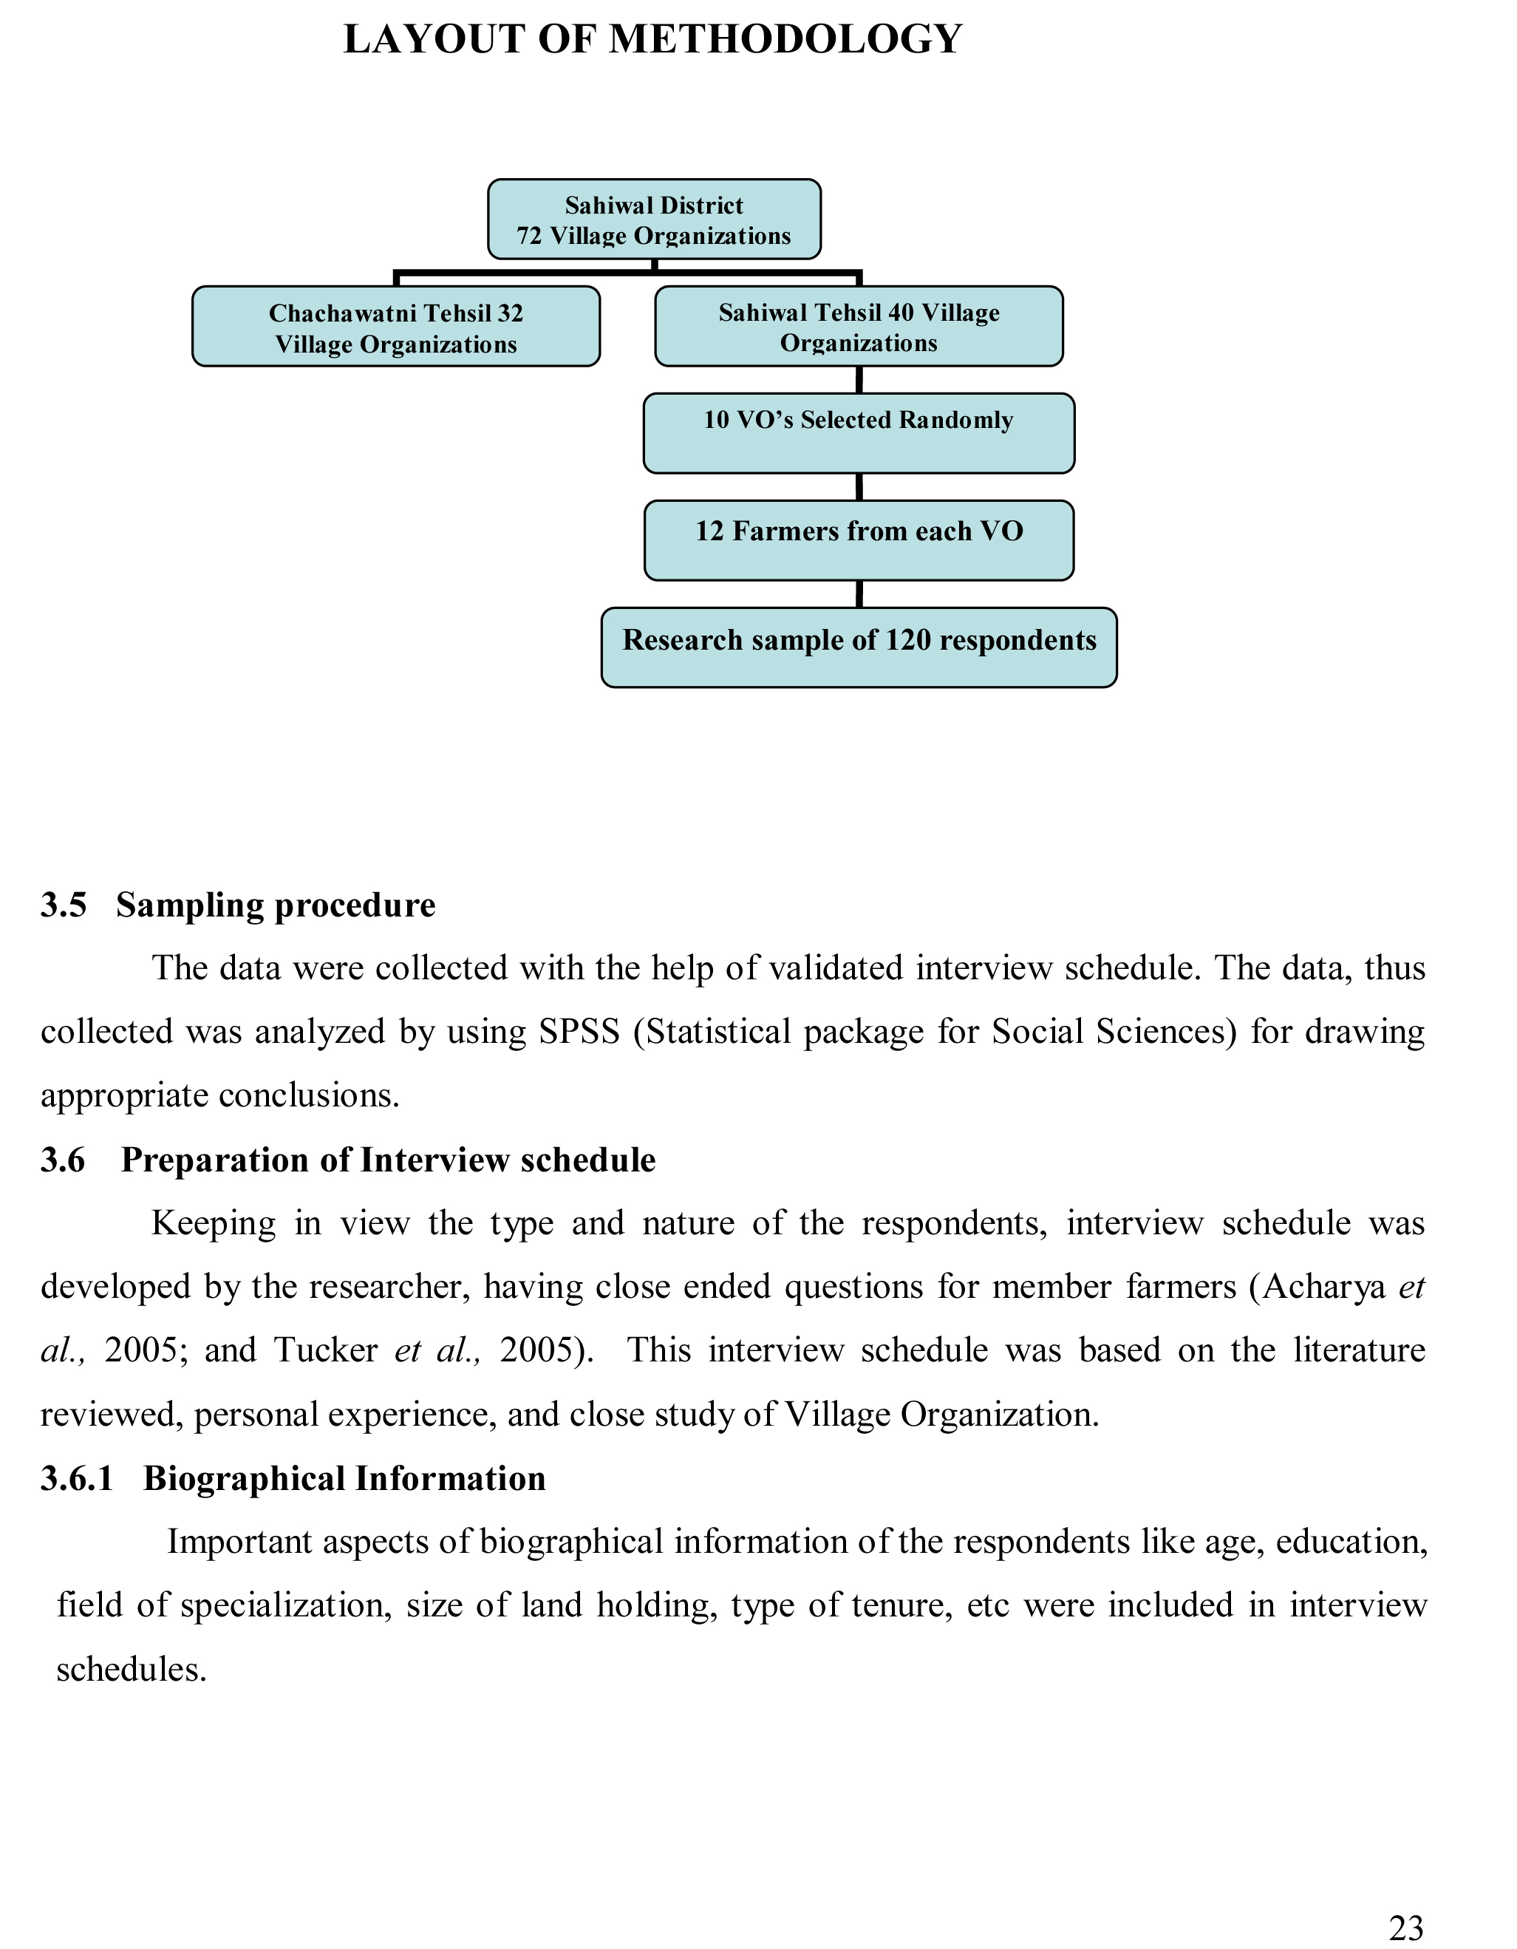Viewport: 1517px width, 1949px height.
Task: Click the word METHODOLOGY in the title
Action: tap(785, 40)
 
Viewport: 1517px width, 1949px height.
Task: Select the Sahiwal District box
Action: tap(654, 220)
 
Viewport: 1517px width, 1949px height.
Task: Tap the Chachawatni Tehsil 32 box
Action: tap(395, 327)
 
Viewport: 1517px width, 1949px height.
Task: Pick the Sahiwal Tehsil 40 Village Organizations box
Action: tap(859, 327)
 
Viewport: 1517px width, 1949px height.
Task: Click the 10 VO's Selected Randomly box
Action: tap(859, 434)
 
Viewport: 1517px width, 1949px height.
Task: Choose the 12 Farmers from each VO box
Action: tap(859, 541)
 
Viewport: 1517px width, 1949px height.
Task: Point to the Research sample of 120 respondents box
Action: tap(859, 648)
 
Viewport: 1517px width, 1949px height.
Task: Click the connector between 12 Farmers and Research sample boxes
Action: tap(859, 594)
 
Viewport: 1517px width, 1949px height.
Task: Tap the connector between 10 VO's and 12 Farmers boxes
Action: tap(859, 487)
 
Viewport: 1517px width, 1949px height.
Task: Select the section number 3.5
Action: tap(64, 906)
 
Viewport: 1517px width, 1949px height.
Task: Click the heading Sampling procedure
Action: tap(276, 906)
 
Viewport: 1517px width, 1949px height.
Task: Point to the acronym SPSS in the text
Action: tap(579, 1033)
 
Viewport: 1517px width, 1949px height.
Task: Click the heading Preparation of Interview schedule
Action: tap(388, 1160)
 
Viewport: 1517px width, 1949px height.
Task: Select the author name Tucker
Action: tap(326, 1351)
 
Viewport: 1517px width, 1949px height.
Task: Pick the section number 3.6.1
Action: tap(78, 1479)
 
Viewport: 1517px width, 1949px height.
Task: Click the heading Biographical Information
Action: tap(344, 1479)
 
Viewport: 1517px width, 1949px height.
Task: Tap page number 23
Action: tap(1406, 1929)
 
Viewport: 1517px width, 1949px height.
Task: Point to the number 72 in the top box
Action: tap(529, 237)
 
